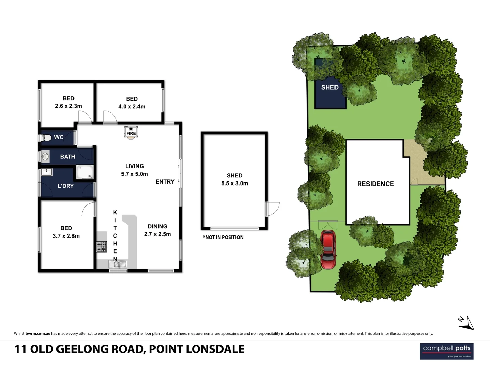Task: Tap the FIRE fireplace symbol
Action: tap(131, 132)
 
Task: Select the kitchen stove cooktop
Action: tap(101, 246)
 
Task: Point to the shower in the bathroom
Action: tap(84, 172)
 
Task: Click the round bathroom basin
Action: tap(45, 157)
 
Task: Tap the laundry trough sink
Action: tap(46, 172)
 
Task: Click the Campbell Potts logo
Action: tap(446, 351)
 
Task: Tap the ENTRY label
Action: tap(165, 182)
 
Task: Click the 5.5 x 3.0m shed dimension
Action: tap(234, 183)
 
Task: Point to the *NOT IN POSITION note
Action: tap(223, 237)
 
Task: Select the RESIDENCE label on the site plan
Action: tap(375, 184)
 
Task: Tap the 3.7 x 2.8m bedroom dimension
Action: tap(66, 236)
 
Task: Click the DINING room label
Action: tap(157, 226)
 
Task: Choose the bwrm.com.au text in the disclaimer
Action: tap(38, 333)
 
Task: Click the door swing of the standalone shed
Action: tap(273, 208)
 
